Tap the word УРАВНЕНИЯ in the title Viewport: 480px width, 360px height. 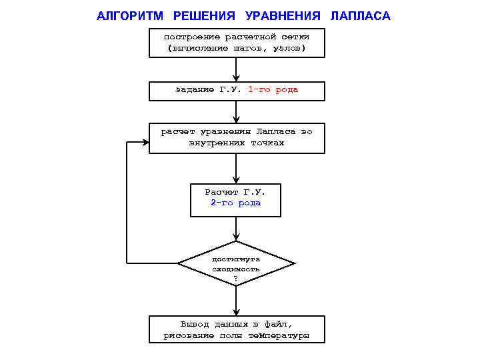[283, 15]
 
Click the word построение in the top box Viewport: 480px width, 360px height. [191, 37]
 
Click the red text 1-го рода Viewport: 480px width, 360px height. [273, 89]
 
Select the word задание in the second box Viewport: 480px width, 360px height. [194, 89]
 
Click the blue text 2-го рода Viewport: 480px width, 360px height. [236, 203]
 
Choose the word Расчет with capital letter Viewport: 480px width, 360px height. [221, 192]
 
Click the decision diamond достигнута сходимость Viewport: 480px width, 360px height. [236, 264]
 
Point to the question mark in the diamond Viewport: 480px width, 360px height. [236, 277]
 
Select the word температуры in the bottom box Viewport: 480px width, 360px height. [279, 335]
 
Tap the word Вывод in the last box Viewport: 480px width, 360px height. [194, 324]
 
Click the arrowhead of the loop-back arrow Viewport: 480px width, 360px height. [145, 141]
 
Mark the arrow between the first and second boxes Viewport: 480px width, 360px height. [236, 70]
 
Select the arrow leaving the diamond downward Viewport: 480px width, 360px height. [236, 301]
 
